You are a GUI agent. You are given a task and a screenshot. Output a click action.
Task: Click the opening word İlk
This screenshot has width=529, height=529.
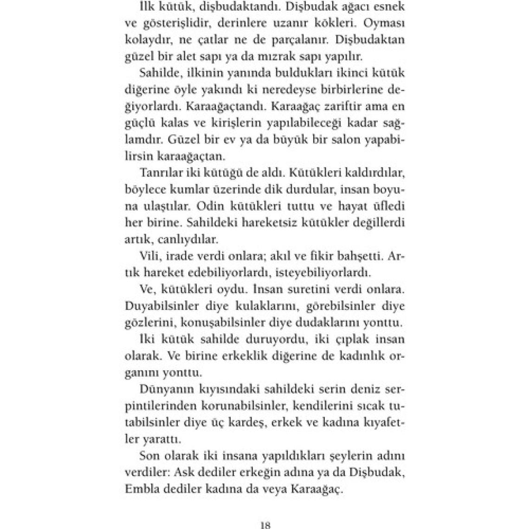pos(148,6)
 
